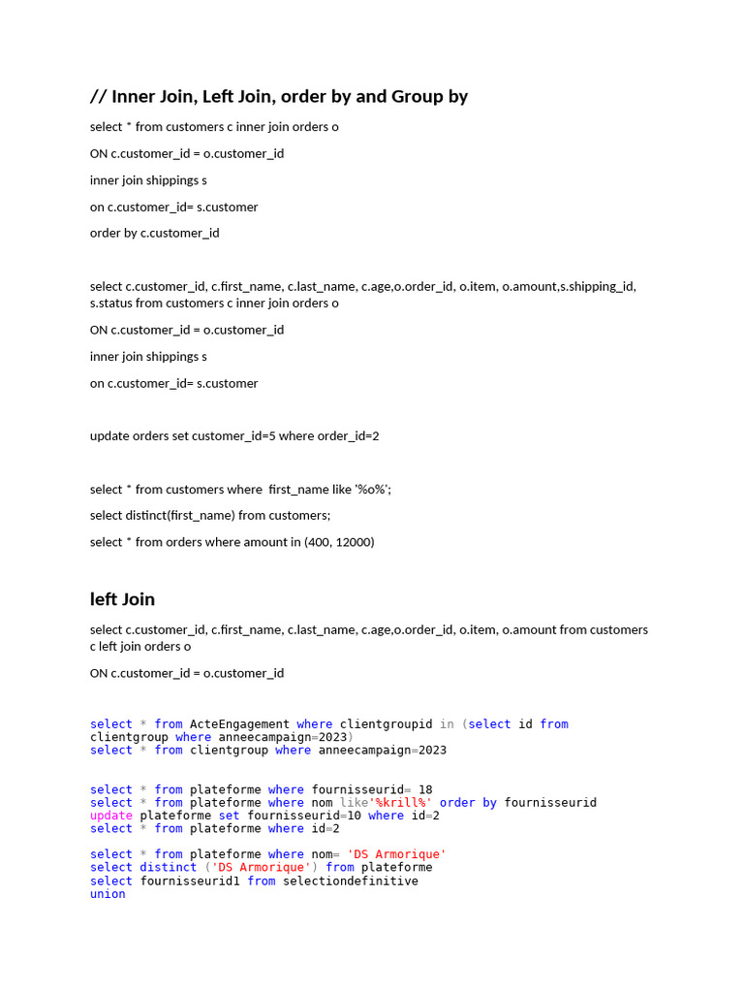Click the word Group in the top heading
coord(417,96)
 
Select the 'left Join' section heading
coord(122,598)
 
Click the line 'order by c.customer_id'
coord(155,233)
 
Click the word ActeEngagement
coord(239,723)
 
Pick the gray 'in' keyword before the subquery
coord(447,723)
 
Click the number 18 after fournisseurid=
coord(425,789)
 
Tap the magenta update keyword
coord(111,816)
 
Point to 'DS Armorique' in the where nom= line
coord(396,854)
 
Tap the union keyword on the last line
coord(108,893)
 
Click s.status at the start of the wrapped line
coord(110,303)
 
